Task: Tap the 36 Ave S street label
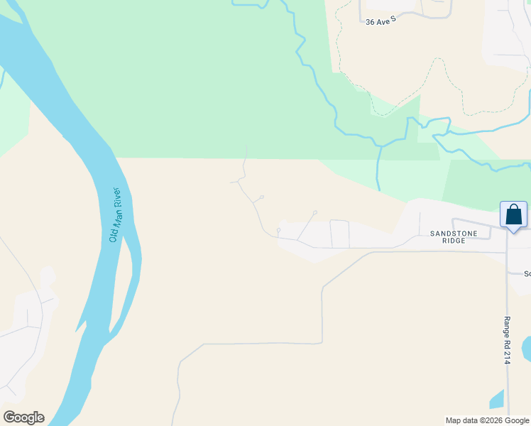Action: pyautogui.click(x=380, y=22)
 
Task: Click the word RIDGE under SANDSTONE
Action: pyautogui.click(x=454, y=241)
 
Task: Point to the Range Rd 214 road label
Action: pyautogui.click(x=508, y=340)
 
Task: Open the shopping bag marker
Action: pyautogui.click(x=513, y=214)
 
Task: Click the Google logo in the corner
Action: pyautogui.click(x=23, y=417)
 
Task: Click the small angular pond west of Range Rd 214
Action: pyautogui.click(x=497, y=400)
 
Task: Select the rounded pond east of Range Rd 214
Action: pyautogui.click(x=526, y=347)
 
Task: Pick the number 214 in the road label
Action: pyautogui.click(x=508, y=357)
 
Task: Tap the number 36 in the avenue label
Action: pyautogui.click(x=370, y=22)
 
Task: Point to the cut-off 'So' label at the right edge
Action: pyautogui.click(x=527, y=273)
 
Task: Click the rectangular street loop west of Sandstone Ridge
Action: pyautogui.click(x=339, y=234)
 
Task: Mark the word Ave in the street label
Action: pyautogui.click(x=381, y=22)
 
